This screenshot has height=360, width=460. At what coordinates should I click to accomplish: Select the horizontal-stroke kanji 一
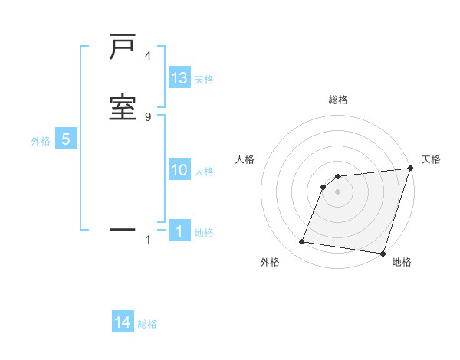123,228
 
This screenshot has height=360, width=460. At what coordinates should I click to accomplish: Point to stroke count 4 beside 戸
147,56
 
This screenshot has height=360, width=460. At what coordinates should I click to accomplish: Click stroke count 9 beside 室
147,116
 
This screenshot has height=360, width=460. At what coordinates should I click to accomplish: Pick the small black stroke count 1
147,240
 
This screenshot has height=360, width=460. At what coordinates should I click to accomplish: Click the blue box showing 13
179,78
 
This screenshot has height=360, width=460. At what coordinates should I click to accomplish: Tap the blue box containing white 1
179,231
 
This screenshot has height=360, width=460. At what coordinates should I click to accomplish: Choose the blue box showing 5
66,139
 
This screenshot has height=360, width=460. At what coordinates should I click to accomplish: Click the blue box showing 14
123,322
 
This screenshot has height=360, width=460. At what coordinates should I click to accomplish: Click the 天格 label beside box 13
204,80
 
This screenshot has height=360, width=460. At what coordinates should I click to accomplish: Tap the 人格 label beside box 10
204,171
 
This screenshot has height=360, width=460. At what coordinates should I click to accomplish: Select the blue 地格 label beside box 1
204,232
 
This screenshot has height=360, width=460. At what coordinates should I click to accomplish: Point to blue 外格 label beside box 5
41,141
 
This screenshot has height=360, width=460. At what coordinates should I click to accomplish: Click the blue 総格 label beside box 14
147,324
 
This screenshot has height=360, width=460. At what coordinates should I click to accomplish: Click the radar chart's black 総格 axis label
338,100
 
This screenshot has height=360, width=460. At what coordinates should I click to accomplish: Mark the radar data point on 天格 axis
411,169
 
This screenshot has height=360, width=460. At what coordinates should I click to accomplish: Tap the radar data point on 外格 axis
302,242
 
